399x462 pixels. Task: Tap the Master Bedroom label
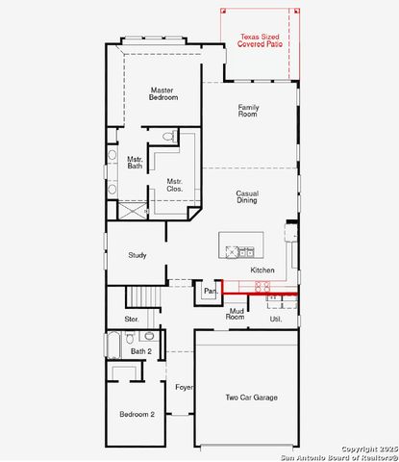coord(162,93)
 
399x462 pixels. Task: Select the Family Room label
coord(248,111)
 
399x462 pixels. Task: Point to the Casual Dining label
coord(247,197)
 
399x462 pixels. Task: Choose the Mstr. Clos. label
coord(174,185)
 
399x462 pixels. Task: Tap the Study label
coord(137,255)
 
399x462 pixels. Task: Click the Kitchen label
coord(262,270)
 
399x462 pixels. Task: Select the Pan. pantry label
coord(209,290)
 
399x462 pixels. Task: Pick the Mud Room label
coord(235,314)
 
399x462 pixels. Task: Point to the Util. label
coord(275,318)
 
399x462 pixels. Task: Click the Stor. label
coord(132,319)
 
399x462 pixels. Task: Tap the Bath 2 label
coord(141,351)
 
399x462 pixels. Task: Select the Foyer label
coord(184,387)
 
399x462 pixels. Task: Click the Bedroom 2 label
coord(137,414)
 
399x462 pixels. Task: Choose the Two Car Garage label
coord(252,398)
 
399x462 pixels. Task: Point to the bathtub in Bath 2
coord(113,345)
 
